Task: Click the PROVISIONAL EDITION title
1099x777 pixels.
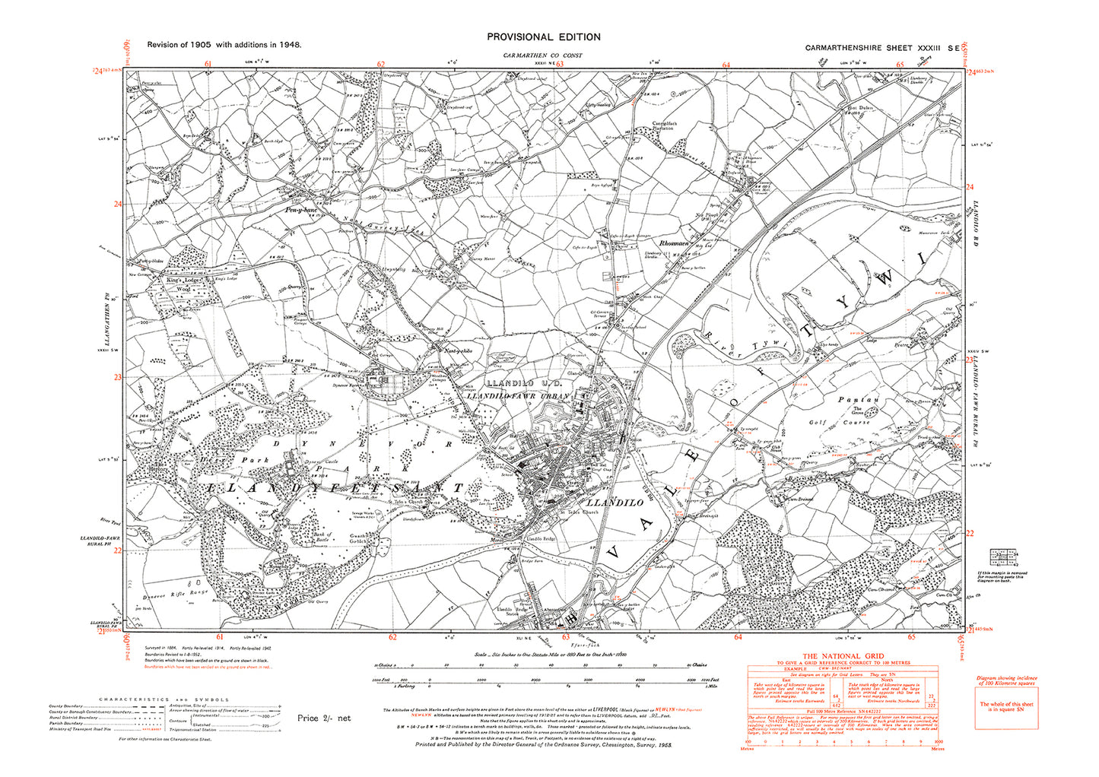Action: tap(543, 36)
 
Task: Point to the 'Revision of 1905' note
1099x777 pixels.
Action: tap(224, 45)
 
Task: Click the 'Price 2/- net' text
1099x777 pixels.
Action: tap(324, 718)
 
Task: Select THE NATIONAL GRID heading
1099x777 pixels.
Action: tap(843, 656)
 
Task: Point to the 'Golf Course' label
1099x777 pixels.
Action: tap(838, 422)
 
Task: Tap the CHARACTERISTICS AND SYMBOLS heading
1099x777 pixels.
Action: tap(164, 699)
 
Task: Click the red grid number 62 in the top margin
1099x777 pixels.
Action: tap(380, 65)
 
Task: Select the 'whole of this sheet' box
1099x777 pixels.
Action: tap(1005, 707)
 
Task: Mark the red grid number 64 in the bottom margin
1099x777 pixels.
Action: tap(738, 638)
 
